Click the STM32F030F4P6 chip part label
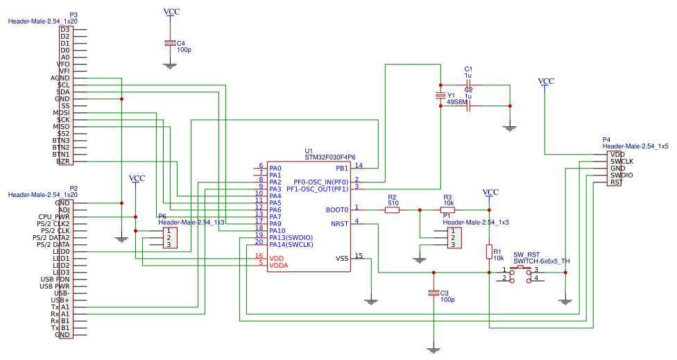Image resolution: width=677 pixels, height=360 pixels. click(x=329, y=157)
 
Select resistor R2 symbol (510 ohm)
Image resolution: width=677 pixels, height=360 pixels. click(x=392, y=209)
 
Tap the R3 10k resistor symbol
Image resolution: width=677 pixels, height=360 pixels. click(x=447, y=209)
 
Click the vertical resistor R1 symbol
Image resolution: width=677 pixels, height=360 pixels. click(x=490, y=252)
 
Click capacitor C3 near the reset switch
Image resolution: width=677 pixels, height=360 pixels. click(x=434, y=293)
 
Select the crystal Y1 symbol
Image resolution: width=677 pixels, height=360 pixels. click(x=440, y=96)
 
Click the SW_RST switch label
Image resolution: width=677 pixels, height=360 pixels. click(x=526, y=255)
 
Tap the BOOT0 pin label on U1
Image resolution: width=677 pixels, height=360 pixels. click(x=336, y=209)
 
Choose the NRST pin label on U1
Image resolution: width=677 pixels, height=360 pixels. click(x=339, y=223)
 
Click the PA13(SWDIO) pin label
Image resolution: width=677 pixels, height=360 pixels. click(x=291, y=237)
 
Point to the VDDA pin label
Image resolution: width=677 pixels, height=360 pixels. click(x=280, y=265)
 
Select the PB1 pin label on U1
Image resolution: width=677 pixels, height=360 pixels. click(x=342, y=168)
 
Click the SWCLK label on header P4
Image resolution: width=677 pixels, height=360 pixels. click(x=622, y=161)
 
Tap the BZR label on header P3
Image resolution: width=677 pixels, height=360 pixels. click(x=63, y=161)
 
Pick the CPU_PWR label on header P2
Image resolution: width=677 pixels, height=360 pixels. click(x=54, y=217)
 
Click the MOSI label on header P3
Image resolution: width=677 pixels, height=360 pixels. click(x=61, y=112)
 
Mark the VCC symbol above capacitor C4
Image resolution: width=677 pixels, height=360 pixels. click(x=170, y=12)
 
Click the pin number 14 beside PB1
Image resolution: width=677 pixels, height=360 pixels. click(x=358, y=165)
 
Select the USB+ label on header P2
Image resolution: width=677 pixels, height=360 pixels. click(x=60, y=300)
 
